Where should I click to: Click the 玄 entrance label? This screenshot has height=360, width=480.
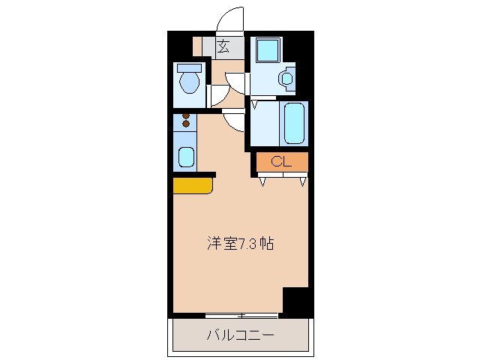[223, 46]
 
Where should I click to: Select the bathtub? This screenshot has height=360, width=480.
[292, 122]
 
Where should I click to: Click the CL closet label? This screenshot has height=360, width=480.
[281, 161]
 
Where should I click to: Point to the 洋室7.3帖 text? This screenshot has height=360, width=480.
[240, 244]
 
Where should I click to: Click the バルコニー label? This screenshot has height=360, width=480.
[240, 334]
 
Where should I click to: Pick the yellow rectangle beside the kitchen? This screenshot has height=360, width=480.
[192, 185]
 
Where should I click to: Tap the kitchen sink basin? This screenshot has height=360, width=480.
[185, 158]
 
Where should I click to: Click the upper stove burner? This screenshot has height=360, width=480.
[186, 116]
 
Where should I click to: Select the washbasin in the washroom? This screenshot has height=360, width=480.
[286, 77]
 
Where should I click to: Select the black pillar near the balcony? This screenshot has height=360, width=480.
[295, 300]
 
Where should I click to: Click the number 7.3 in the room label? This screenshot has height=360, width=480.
[250, 244]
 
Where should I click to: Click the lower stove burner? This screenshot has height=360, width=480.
[186, 124]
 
